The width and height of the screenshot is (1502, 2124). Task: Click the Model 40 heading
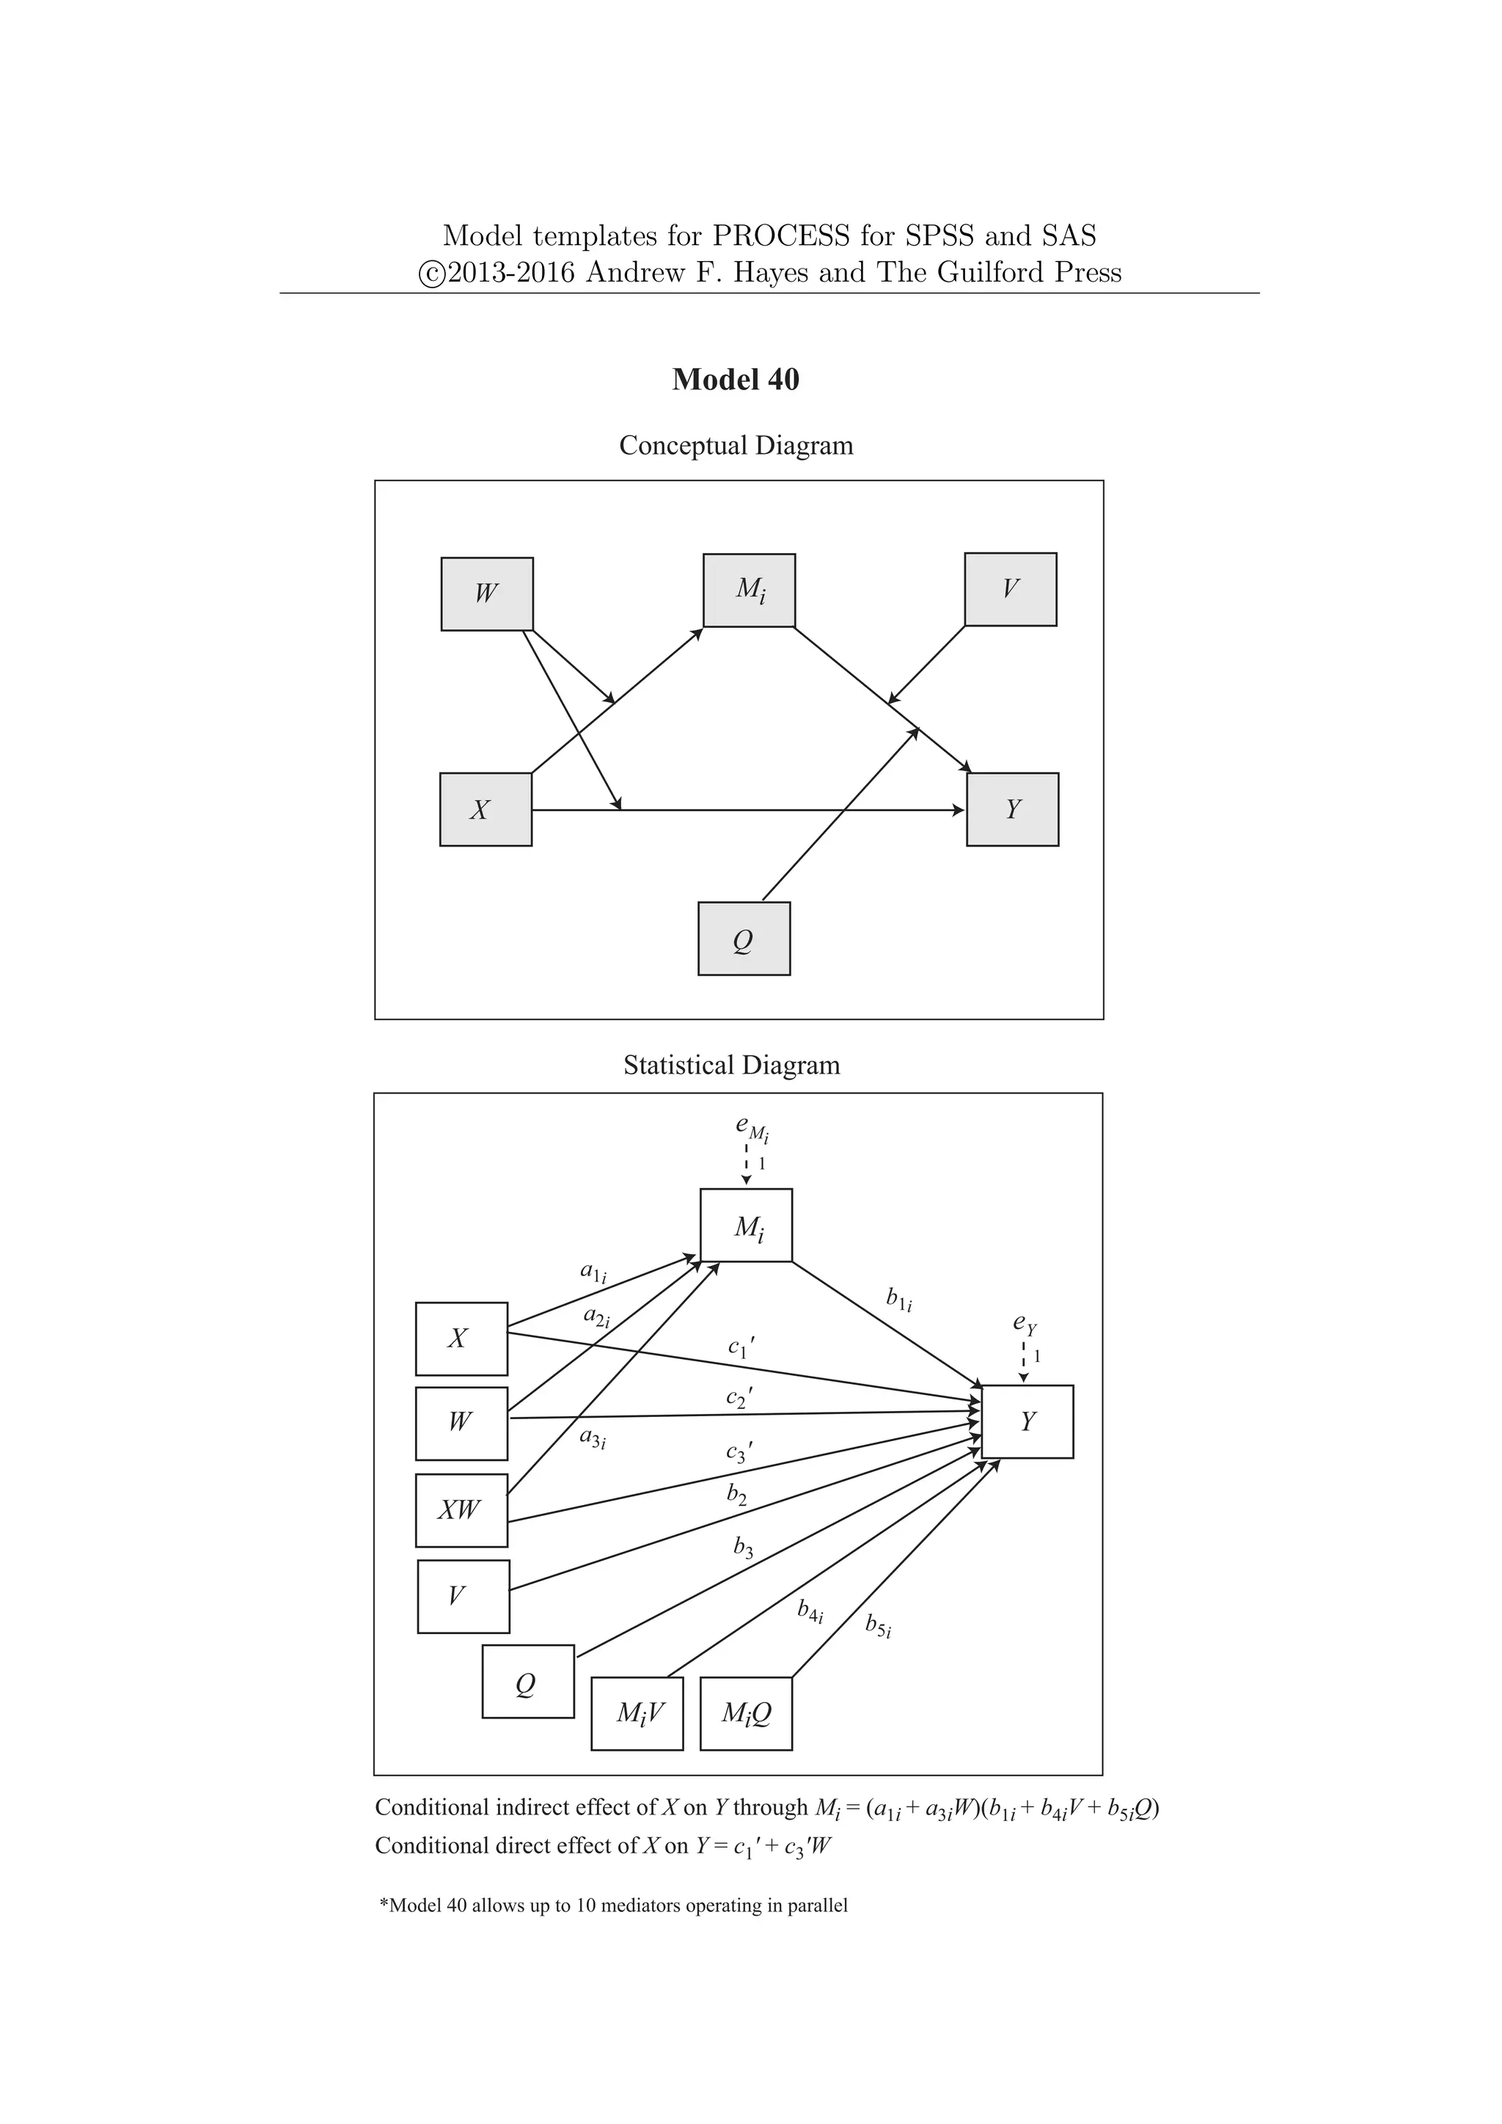(736, 380)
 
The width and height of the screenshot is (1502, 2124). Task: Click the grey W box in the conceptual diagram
(486, 594)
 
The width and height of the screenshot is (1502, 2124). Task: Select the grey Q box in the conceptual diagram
(744, 939)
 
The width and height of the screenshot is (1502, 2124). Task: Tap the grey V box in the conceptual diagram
(1010, 589)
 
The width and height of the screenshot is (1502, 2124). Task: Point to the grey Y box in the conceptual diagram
(1012, 810)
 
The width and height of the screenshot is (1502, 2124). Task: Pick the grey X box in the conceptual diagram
(486, 810)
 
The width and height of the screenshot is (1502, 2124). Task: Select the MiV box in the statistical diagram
(637, 1714)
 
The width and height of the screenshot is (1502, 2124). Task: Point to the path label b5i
(878, 1625)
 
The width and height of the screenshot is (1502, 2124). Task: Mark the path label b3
(743, 1547)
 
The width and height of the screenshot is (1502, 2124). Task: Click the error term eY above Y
(1025, 1325)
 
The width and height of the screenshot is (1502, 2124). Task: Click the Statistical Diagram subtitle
(732, 1065)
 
